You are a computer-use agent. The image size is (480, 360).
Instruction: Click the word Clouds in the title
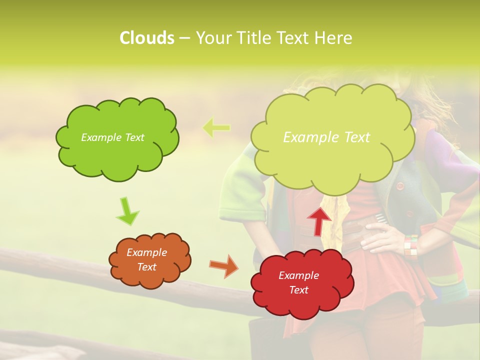coord(146,38)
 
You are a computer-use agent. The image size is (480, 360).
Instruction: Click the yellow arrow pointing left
coord(216,128)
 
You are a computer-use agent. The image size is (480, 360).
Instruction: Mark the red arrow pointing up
coord(319,220)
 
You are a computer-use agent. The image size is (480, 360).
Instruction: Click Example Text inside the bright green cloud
coord(112,137)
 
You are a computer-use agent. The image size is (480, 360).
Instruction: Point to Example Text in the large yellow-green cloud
coord(326,137)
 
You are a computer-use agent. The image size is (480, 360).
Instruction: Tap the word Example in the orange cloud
coord(146,252)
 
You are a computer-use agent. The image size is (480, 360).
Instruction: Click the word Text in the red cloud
coord(299,290)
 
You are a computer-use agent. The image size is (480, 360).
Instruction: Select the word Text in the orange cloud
coord(146,267)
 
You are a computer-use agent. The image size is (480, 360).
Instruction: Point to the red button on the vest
coord(399,185)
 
